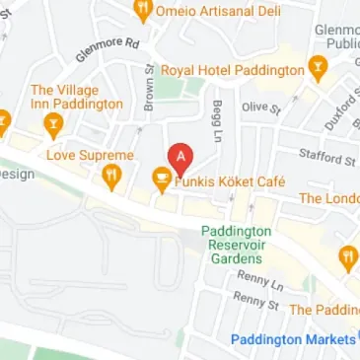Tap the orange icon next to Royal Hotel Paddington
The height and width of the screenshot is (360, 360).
(318, 69)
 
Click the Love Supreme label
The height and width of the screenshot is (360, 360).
(90, 155)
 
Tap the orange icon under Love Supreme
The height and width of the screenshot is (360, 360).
(112, 178)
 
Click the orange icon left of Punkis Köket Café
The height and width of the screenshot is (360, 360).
(161, 180)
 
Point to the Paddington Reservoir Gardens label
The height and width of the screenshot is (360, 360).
(236, 244)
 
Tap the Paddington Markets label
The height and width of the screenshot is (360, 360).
(295, 339)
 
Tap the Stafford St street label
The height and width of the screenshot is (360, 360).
(326, 156)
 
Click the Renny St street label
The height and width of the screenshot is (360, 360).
(255, 302)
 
